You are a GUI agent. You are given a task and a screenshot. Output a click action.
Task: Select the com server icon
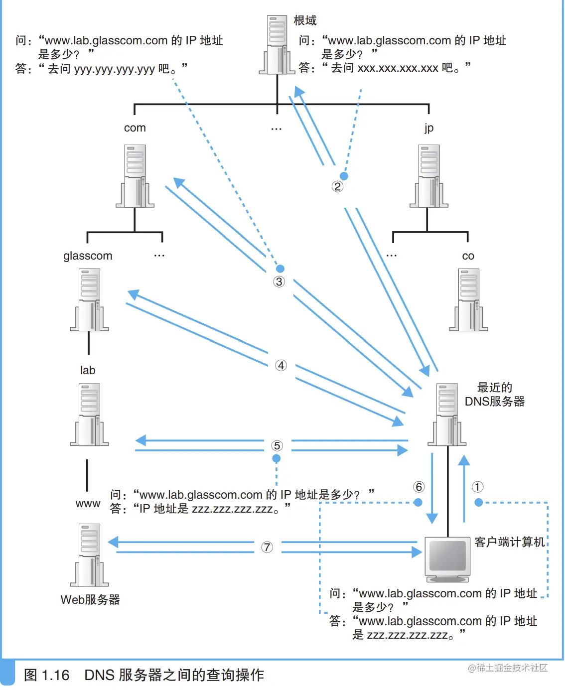click(x=135, y=176)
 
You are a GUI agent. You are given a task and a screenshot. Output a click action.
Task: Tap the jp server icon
click(x=428, y=176)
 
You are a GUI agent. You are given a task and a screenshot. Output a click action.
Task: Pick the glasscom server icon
click(x=89, y=300)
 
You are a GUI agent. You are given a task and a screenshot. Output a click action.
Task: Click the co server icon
click(x=468, y=300)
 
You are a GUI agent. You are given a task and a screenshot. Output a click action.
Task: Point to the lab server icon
click(x=89, y=414)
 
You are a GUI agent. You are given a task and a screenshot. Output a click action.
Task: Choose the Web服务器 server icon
click(x=89, y=555)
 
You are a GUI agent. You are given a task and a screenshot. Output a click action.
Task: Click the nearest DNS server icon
click(x=447, y=414)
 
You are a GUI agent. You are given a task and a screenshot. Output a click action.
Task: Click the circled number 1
click(x=477, y=487)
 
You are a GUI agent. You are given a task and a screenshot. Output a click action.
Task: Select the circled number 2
click(x=337, y=186)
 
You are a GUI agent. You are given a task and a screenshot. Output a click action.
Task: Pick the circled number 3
click(x=279, y=281)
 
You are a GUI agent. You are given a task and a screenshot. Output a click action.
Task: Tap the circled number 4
click(x=281, y=365)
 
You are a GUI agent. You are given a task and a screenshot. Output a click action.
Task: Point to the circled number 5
click(x=277, y=445)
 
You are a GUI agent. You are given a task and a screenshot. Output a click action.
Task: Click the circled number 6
click(x=419, y=487)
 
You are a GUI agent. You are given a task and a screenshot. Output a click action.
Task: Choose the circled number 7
click(x=267, y=547)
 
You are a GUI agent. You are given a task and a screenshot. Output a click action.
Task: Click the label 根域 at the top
click(x=305, y=20)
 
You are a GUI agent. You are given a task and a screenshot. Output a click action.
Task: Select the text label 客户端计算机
click(x=509, y=542)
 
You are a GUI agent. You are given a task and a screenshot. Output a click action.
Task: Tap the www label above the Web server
click(x=88, y=504)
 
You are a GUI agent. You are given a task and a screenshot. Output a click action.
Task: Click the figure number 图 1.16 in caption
click(x=46, y=675)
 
